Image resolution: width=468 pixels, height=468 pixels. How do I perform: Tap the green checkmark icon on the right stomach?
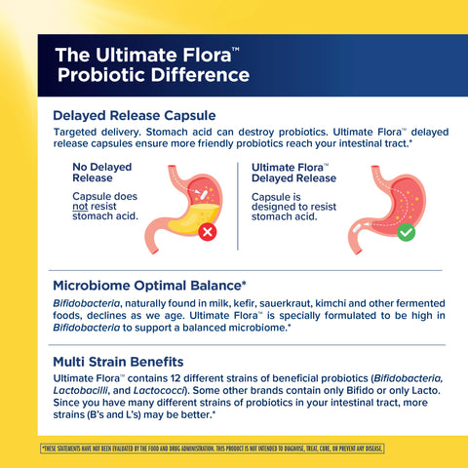406,233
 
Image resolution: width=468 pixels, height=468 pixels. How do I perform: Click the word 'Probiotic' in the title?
107,74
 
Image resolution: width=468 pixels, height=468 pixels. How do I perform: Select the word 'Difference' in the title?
204,74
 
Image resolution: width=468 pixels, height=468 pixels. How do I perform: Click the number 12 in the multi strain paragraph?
185,378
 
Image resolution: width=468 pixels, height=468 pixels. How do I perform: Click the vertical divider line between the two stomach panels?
238,205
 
